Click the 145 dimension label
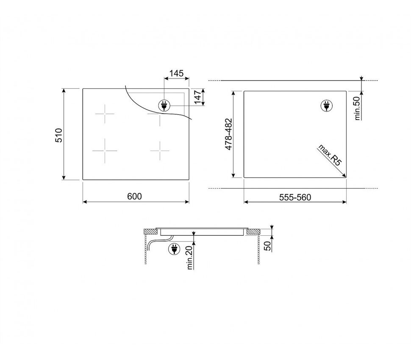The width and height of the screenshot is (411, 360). click(x=176, y=73)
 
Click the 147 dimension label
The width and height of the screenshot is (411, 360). click(x=198, y=97)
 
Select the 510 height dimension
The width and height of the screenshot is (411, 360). click(x=59, y=135)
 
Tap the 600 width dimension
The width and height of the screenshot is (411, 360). click(x=134, y=196)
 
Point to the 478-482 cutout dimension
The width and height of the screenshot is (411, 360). click(x=229, y=134)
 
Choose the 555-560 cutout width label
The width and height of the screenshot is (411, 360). click(x=295, y=197)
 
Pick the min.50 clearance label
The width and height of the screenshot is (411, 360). click(x=357, y=109)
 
